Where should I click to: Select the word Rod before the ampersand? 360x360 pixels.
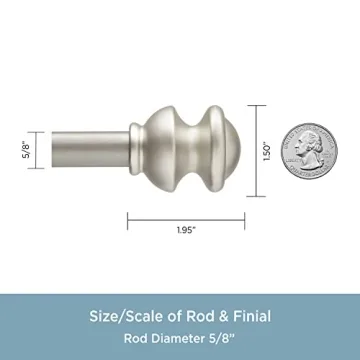tap(196, 316)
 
